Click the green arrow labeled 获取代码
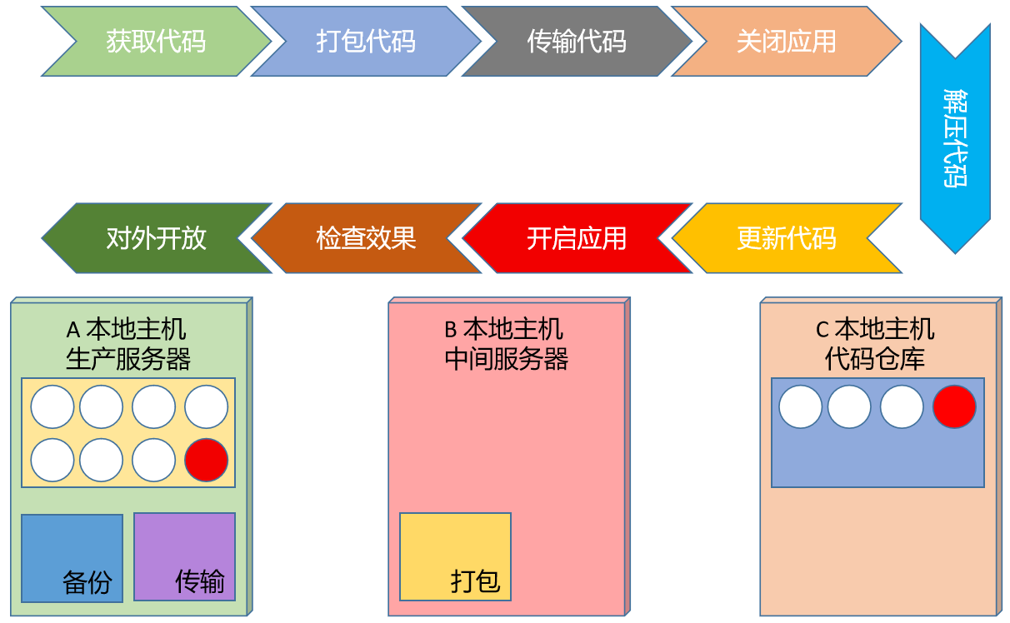(156, 41)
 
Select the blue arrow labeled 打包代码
(366, 41)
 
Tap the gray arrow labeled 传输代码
(577, 41)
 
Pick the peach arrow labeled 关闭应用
(787, 41)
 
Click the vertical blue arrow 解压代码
(955, 138)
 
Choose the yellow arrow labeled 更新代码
(787, 238)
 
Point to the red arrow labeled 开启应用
(577, 238)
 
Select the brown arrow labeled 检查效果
(366, 238)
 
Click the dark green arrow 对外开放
(156, 238)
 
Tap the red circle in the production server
(207, 460)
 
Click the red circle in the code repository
(954, 406)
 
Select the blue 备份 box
(72, 558)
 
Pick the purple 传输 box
(184, 556)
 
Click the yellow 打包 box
(455, 556)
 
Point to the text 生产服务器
(128, 359)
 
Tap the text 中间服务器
(507, 359)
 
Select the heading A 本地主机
(126, 330)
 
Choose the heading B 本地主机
(503, 330)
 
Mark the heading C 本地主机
(875, 330)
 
